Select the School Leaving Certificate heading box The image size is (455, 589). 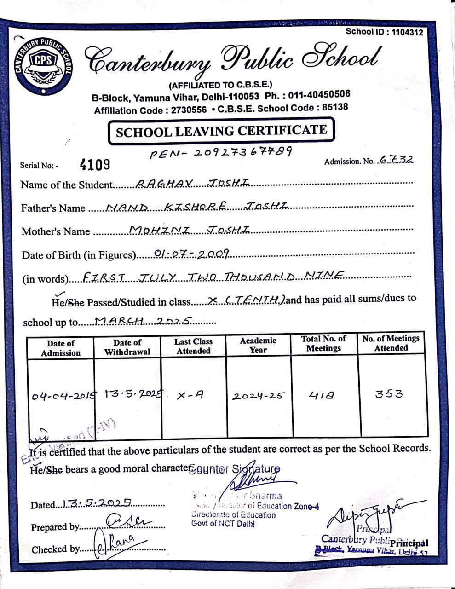[221, 131]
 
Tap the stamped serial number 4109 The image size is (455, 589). [95, 164]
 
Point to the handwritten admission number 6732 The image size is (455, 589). [396, 159]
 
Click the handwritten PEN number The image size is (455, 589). [221, 152]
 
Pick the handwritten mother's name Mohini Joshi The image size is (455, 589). [190, 230]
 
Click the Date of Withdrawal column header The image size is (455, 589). [127, 347]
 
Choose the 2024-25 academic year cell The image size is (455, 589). [258, 395]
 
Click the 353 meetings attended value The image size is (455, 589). [389, 394]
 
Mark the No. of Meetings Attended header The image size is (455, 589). [391, 343]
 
